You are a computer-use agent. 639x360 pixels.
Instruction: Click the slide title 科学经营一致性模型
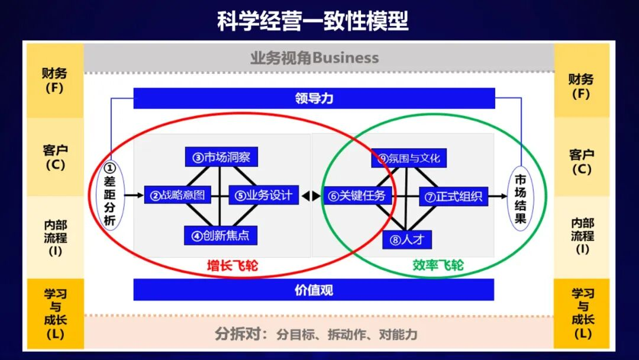coord(313,22)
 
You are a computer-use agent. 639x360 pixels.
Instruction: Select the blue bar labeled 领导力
coord(314,98)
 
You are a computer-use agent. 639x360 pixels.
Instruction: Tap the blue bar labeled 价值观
coord(314,290)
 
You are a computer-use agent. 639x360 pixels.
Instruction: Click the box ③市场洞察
coord(221,157)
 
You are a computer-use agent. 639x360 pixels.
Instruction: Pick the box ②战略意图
coord(177,195)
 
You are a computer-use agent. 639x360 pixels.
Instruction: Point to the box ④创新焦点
coord(221,235)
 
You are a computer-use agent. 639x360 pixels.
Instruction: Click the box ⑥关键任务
coord(357,195)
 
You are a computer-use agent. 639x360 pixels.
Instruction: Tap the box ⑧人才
coord(408,240)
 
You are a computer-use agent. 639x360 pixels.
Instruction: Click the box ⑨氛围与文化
coord(409,158)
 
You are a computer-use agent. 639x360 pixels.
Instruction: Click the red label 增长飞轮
coord(232,266)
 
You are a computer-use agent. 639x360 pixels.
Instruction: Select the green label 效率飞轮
coord(438,265)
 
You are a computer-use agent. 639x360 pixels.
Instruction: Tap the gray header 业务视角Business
coord(314,58)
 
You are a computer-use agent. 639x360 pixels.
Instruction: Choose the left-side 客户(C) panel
coord(55,157)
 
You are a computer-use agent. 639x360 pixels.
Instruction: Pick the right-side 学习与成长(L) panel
coord(582,313)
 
